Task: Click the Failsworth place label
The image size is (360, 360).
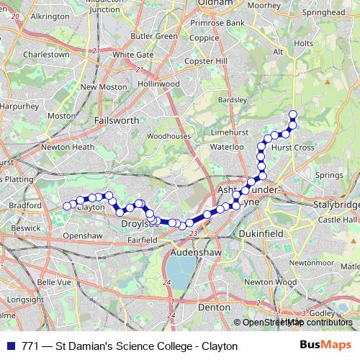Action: coord(116,121)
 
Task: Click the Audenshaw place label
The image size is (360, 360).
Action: coord(194,253)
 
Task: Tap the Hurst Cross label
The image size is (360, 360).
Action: coord(294,147)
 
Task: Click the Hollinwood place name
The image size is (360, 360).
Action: coord(158,84)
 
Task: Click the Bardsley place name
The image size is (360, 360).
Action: coord(232,99)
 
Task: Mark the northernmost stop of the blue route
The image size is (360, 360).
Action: coord(293,114)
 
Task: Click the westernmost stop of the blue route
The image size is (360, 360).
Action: coord(67,206)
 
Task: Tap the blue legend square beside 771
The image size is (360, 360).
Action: coord(10,346)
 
